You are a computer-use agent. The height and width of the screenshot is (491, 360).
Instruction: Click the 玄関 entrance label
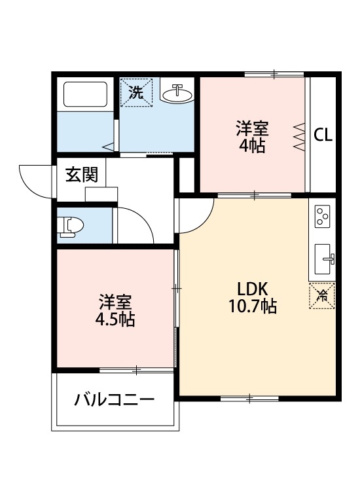82,174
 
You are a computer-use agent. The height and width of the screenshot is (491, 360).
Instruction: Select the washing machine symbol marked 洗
136,92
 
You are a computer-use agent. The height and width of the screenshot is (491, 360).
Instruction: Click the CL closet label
323,136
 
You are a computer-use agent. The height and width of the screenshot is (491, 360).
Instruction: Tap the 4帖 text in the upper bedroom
252,146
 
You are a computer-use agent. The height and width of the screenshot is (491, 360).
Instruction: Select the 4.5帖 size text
115,320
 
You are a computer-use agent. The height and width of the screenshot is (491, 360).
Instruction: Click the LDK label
253,289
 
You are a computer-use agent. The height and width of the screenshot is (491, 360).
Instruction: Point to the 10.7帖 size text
253,306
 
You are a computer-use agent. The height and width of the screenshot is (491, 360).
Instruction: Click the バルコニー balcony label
114,399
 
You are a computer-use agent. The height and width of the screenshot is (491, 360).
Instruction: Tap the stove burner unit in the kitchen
323,217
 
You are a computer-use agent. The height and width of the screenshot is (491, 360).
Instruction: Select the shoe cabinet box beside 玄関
101,193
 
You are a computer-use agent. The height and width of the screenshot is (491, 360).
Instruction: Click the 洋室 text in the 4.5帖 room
115,303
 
